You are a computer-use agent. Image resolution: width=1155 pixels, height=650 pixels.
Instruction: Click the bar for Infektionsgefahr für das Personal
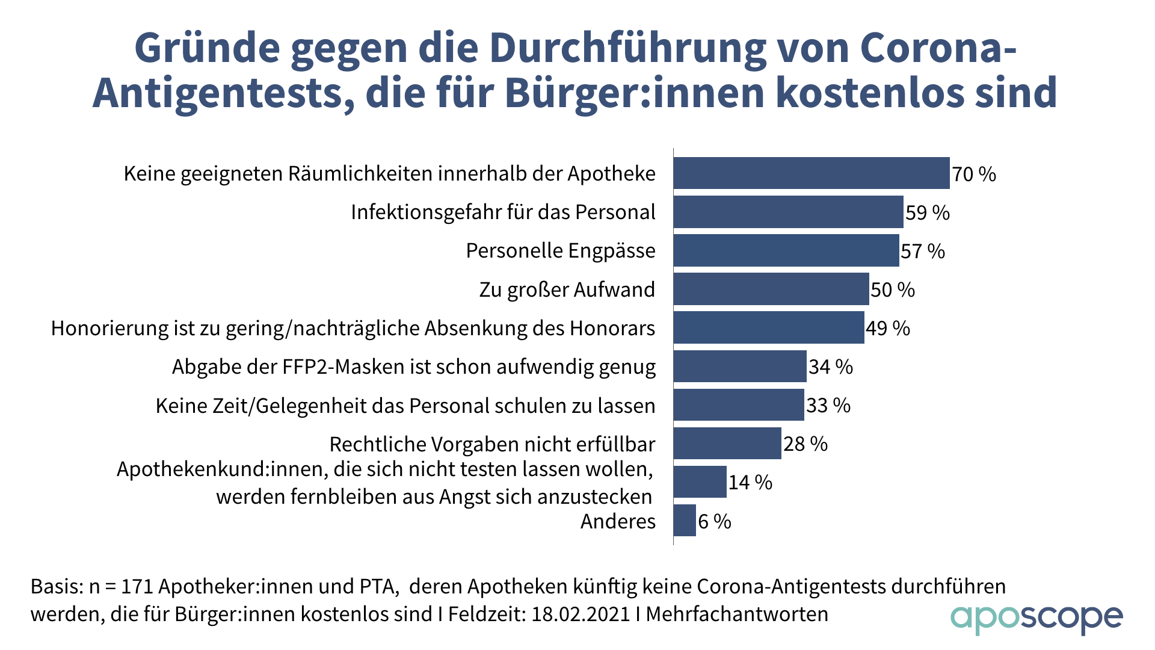[x=788, y=212]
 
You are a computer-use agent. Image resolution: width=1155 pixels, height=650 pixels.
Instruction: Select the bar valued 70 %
[x=811, y=173]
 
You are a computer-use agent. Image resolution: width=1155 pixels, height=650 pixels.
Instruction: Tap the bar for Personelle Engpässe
[x=786, y=250]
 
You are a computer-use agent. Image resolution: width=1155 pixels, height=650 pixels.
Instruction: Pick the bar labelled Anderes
[x=685, y=521]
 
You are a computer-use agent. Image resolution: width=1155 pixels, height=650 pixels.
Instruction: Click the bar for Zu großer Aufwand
[x=771, y=289]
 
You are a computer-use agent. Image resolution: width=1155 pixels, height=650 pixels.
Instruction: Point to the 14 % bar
[x=700, y=482]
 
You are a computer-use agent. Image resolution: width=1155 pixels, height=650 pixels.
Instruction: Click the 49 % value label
[x=888, y=328]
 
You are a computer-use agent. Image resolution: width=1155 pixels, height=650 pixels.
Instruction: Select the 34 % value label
[x=831, y=367]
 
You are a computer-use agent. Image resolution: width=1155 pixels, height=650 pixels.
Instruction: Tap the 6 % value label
[x=715, y=521]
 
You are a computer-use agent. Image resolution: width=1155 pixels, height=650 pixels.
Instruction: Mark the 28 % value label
[x=805, y=444]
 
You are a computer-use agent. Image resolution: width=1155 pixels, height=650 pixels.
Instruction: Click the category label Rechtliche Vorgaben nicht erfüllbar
[x=492, y=444]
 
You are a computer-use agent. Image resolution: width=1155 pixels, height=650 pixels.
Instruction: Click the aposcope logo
[x=1036, y=618]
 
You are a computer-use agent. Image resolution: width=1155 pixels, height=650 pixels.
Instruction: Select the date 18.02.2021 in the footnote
[x=581, y=614]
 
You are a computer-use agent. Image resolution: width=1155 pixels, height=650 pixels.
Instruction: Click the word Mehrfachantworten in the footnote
[x=737, y=614]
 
